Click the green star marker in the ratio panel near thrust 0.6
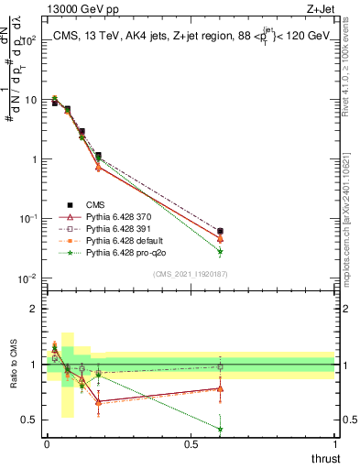coord(220,429)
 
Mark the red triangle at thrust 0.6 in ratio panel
coord(220,389)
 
